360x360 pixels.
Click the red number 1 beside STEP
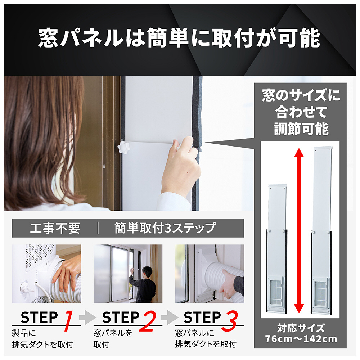click(x=69, y=321)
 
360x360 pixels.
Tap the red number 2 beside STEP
click(x=148, y=321)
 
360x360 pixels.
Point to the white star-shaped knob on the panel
click(x=124, y=147)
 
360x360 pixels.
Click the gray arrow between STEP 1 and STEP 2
click(x=87, y=317)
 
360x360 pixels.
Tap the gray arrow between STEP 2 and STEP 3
click(x=170, y=317)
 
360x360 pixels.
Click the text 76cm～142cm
click(x=301, y=339)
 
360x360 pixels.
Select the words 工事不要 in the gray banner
click(x=55, y=228)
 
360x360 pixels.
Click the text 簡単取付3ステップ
click(x=165, y=228)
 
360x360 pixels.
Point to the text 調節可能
click(x=301, y=129)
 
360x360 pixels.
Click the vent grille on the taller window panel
click(x=321, y=292)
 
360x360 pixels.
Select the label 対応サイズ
click(x=301, y=328)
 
